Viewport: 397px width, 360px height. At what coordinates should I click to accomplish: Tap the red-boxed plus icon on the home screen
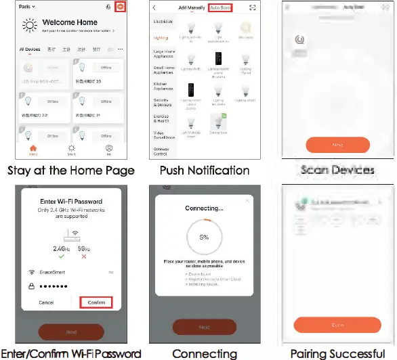click(120, 7)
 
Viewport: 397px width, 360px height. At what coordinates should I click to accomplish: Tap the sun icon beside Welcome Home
click(30, 26)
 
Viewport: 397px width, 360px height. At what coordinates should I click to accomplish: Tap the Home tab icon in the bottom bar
click(33, 148)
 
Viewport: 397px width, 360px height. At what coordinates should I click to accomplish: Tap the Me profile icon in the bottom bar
click(108, 148)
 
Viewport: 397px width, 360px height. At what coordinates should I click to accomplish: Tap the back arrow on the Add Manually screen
click(155, 7)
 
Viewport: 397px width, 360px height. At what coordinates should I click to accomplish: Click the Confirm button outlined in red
click(96, 302)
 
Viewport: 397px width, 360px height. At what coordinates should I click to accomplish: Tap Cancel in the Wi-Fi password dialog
click(46, 302)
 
